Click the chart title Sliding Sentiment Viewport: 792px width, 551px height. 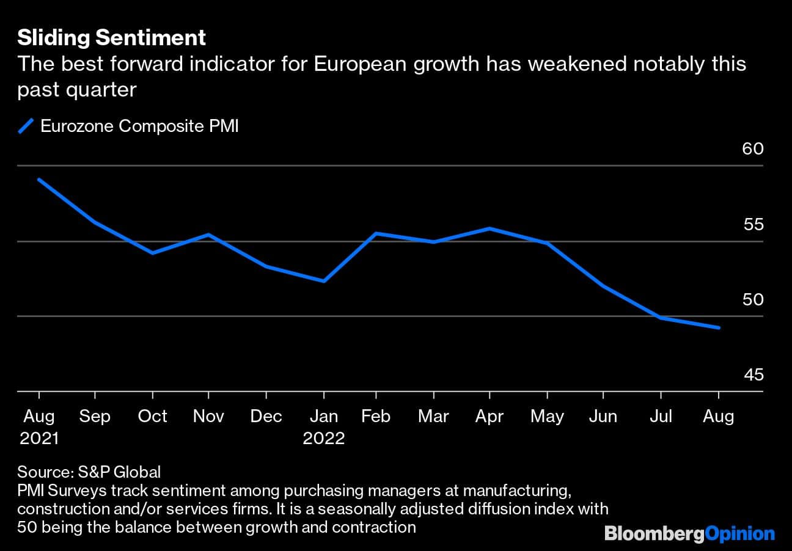[x=111, y=38]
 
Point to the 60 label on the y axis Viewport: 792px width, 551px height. [x=753, y=148]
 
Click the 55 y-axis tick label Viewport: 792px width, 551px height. [x=753, y=224]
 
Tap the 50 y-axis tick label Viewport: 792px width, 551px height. [x=753, y=300]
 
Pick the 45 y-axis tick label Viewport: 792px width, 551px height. [x=753, y=374]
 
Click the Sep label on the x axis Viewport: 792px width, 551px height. [x=95, y=417]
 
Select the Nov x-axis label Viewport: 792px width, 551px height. [x=208, y=417]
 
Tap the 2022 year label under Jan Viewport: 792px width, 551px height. [x=324, y=439]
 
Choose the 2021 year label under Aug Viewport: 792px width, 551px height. [x=38, y=439]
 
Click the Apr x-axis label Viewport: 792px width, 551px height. [x=489, y=417]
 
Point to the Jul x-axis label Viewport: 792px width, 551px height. [x=660, y=417]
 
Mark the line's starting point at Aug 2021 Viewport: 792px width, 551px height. [x=38, y=179]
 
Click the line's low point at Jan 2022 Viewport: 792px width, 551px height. [x=323, y=281]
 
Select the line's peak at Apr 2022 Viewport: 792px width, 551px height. [x=489, y=228]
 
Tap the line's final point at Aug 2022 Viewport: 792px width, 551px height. [x=719, y=328]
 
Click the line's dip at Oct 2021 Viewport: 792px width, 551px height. [x=152, y=253]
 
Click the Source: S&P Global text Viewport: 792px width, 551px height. [x=89, y=472]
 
